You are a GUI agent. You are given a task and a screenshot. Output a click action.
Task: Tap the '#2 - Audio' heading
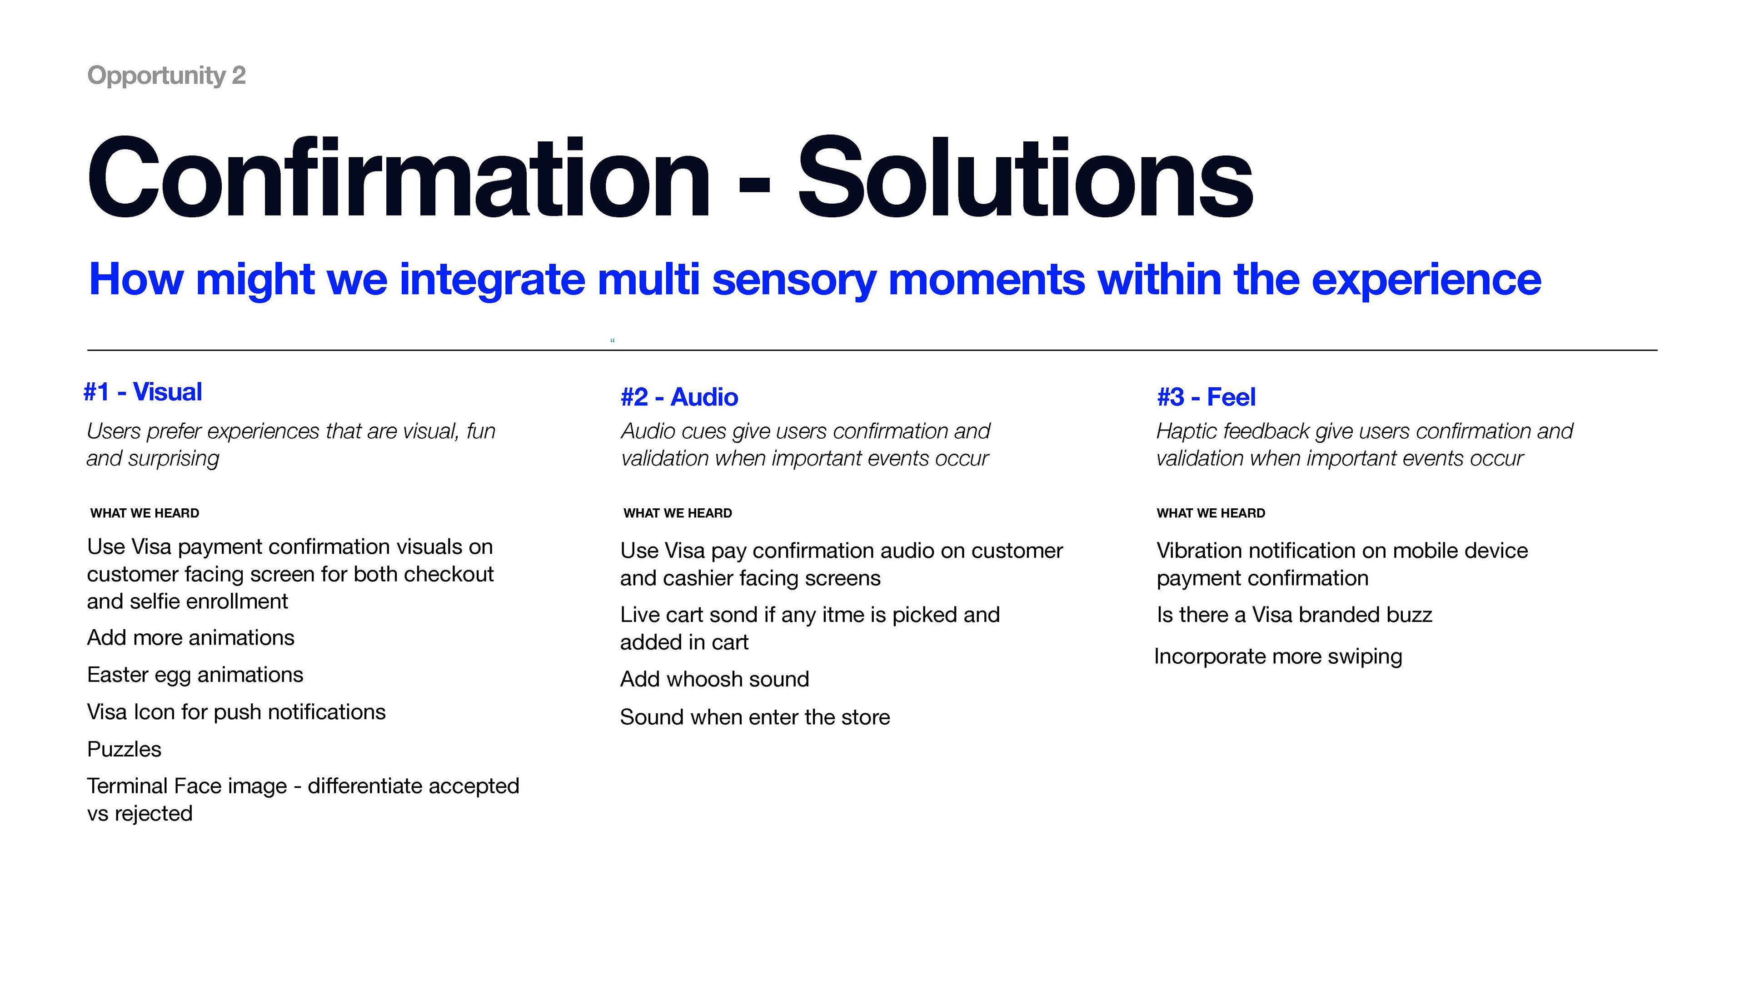point(679,397)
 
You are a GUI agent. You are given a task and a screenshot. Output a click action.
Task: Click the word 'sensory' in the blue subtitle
point(795,280)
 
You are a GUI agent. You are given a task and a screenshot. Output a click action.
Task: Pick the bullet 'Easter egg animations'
point(195,675)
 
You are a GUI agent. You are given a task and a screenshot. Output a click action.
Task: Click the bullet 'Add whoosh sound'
point(715,679)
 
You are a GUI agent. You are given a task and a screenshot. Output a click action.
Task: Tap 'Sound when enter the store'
point(755,717)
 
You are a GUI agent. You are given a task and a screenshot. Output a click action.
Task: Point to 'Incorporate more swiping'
point(1278,656)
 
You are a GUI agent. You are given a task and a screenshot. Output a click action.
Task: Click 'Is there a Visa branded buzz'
point(1295,615)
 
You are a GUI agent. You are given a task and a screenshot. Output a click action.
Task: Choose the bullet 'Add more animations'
point(191,638)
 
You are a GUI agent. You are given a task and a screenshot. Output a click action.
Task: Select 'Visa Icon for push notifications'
point(236,712)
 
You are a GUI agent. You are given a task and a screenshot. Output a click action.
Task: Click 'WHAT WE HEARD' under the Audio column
point(678,513)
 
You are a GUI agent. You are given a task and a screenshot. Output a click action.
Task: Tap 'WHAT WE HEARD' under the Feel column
point(1211,513)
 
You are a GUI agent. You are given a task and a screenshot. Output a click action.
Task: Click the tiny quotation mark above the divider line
point(613,340)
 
